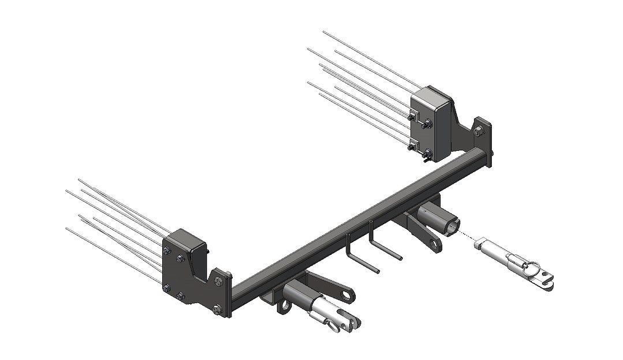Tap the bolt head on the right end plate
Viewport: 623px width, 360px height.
pyautogui.click(x=479, y=132)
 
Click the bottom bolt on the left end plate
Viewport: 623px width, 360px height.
pyautogui.click(x=217, y=309)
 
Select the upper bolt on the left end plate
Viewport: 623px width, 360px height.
pyautogui.click(x=219, y=281)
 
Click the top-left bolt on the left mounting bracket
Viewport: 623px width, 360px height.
pyautogui.click(x=166, y=250)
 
